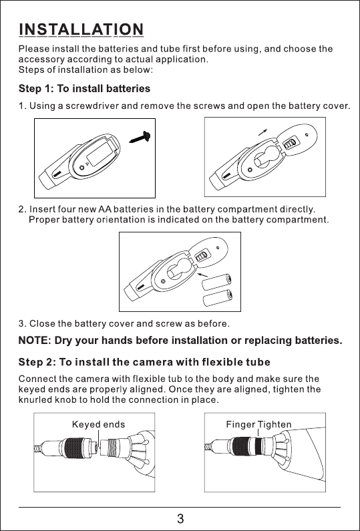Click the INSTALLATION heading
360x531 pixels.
[81, 29]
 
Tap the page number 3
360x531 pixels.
[180, 518]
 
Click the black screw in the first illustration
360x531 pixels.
[140, 137]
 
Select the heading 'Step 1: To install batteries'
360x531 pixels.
[84, 89]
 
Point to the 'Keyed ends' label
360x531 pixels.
[98, 424]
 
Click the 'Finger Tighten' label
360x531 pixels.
[258, 424]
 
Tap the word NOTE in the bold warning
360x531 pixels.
[34, 340]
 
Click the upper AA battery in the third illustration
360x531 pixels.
[217, 282]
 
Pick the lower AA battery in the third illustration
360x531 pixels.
[217, 298]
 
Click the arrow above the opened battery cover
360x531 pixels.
[262, 132]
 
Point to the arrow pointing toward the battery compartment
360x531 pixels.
[202, 275]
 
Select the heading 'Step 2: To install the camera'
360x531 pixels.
[144, 362]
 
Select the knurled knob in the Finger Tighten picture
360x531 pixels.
[241, 446]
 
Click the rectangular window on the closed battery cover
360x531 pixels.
[100, 154]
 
